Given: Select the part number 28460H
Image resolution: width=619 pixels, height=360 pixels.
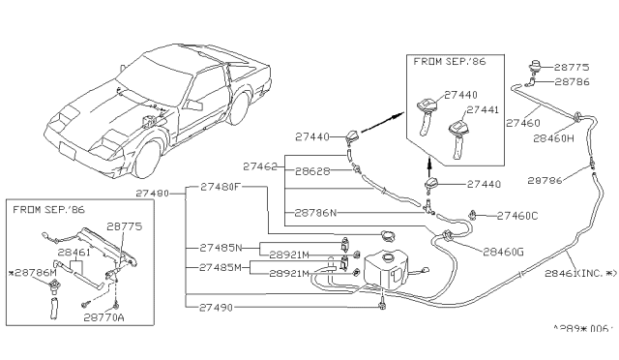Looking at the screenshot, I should [555, 138].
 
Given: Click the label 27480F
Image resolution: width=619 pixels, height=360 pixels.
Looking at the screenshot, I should [221, 186].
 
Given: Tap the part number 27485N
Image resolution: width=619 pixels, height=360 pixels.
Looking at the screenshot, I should [221, 248].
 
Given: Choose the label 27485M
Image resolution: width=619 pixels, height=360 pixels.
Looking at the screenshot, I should [221, 267].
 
